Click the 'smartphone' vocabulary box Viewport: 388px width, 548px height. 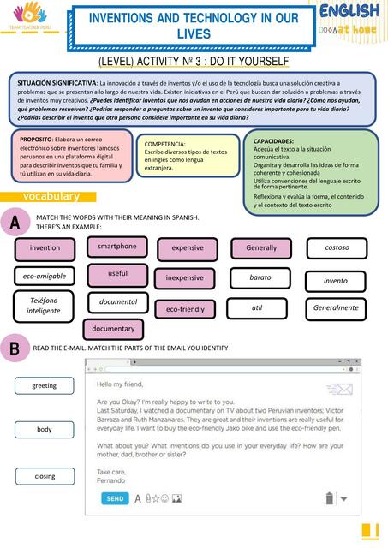(x=116, y=247)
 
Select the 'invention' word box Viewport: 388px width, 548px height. (x=45, y=248)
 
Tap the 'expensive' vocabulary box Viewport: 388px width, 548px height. (x=188, y=248)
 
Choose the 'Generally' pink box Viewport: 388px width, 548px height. (x=261, y=248)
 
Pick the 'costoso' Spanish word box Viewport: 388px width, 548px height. (x=337, y=248)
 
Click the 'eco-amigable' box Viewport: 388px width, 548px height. (x=44, y=277)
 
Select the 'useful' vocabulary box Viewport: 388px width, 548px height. (x=117, y=274)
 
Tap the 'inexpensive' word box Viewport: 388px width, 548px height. (x=185, y=278)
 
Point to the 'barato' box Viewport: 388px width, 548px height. (x=260, y=278)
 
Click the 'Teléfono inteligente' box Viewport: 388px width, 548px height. (x=44, y=306)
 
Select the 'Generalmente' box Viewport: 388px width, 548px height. (x=337, y=307)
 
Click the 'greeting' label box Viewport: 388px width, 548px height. (x=44, y=386)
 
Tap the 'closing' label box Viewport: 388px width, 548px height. (x=44, y=477)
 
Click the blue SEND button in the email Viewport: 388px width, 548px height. (x=115, y=498)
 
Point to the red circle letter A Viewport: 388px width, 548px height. (x=15, y=223)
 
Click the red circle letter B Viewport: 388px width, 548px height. (x=15, y=348)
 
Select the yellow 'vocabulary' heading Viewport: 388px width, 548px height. (x=51, y=197)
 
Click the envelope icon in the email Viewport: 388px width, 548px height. (x=344, y=390)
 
